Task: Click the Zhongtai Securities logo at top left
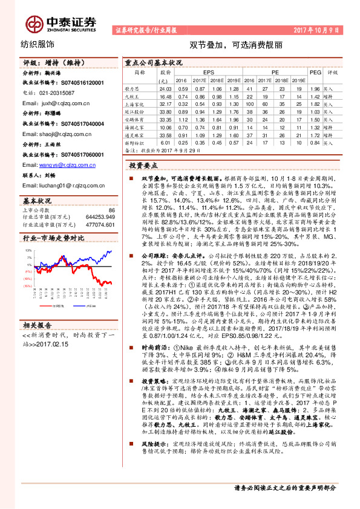pyautogui.click(x=61, y=23)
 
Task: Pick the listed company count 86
pyautogui.click(x=111, y=209)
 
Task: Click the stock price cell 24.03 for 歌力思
pyautogui.click(x=165, y=88)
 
